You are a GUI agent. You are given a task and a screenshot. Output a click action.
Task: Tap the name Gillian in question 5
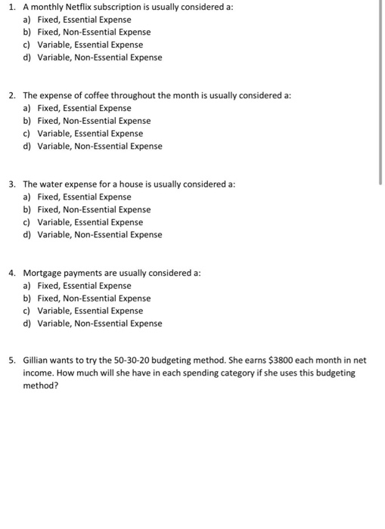(38, 361)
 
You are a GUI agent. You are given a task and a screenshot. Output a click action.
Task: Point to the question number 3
(12, 184)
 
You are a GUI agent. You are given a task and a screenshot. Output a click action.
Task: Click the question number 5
(12, 361)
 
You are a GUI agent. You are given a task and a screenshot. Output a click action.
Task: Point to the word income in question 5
(39, 373)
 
